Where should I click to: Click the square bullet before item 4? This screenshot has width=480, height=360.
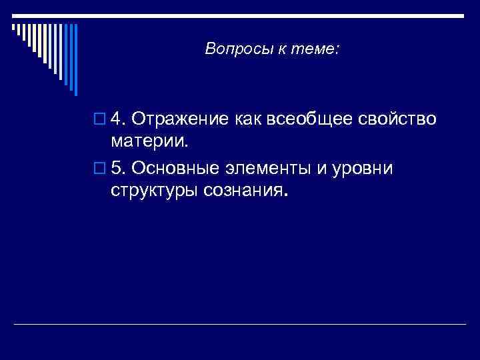[x=100, y=119]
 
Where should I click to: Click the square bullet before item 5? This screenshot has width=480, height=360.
[x=100, y=169]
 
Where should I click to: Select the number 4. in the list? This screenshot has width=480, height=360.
[x=118, y=119]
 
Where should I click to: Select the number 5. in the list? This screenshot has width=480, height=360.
[x=118, y=168]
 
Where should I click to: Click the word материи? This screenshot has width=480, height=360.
[x=150, y=141]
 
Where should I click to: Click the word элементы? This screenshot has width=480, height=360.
[x=270, y=168]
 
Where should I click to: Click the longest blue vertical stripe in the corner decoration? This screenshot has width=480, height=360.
[x=75, y=60]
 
